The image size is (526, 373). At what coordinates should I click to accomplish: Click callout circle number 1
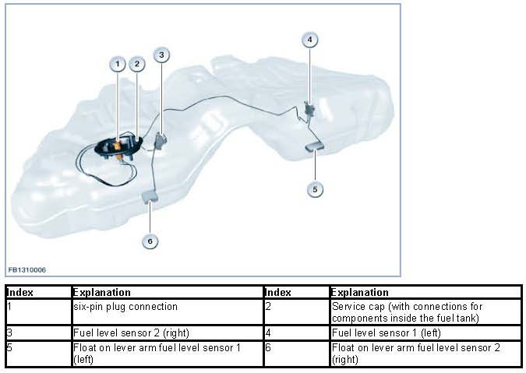[118, 64]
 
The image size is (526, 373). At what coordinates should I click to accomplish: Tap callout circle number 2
[137, 64]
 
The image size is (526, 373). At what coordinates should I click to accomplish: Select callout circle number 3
[161, 55]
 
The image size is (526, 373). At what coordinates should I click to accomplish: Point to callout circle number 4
[310, 39]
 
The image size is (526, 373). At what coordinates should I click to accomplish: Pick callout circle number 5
[315, 188]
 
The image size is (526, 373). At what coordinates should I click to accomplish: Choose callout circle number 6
[150, 241]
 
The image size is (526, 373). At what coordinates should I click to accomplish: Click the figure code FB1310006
[27, 269]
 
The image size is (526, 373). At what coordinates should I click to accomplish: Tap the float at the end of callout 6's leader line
[150, 196]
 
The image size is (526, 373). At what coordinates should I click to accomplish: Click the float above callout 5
[315, 145]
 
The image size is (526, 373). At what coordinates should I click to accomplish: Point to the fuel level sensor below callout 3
[162, 141]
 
